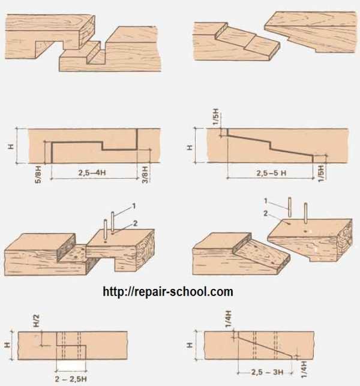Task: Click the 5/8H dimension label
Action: [38, 174]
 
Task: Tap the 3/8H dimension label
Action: [145, 174]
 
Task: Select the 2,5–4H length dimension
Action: [92, 173]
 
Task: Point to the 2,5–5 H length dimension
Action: [271, 173]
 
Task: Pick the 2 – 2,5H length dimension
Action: [71, 379]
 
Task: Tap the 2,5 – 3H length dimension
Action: [268, 372]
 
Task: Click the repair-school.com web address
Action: [168, 291]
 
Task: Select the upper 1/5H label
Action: [215, 116]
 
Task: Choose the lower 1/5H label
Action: [322, 174]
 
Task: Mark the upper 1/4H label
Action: [228, 319]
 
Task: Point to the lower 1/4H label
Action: [304, 369]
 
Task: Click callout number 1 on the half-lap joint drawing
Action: [134, 206]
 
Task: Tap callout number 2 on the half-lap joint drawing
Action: [135, 224]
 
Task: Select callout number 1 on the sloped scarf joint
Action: [266, 201]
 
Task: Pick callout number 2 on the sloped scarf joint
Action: [265, 213]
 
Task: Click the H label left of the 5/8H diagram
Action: [11, 147]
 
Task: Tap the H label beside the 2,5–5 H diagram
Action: [190, 147]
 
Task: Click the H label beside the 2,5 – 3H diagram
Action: [190, 345]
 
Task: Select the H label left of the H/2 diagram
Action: [8, 345]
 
